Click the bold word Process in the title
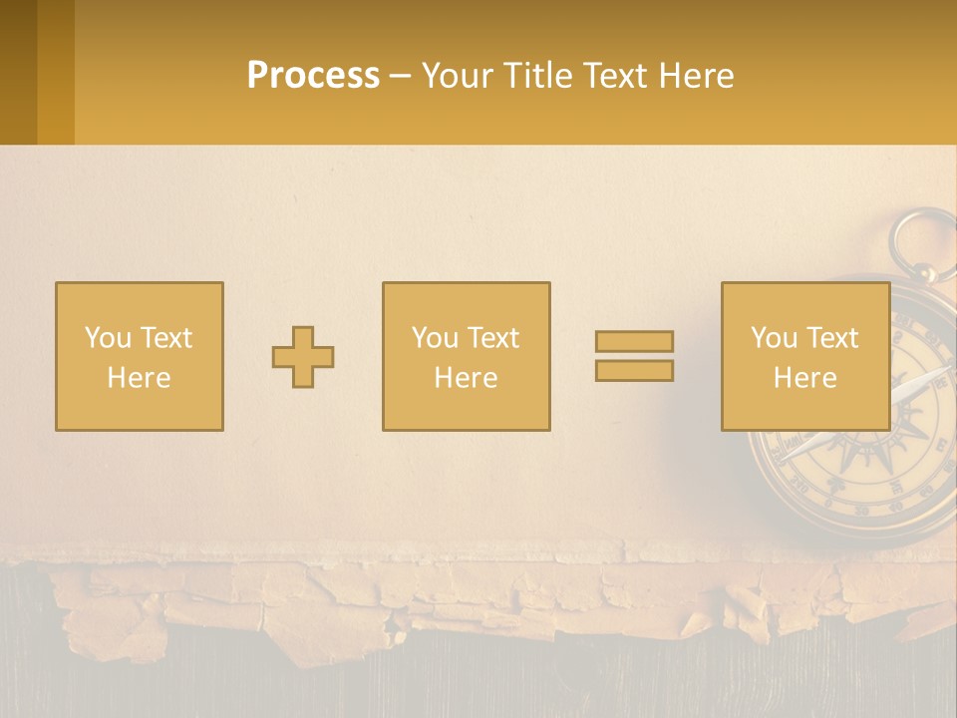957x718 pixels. [x=313, y=76]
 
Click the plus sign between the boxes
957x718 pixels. [x=303, y=357]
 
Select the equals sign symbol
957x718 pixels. [x=634, y=356]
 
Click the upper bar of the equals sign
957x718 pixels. [x=634, y=342]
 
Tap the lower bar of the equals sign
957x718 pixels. [x=634, y=371]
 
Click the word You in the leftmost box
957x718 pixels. [x=108, y=338]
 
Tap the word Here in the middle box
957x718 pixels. [x=466, y=378]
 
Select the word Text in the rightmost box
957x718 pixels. [x=832, y=338]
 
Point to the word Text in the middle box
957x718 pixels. [x=493, y=338]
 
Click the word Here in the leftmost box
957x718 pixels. [x=139, y=378]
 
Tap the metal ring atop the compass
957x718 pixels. [x=923, y=240]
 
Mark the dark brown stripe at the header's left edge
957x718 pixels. [x=18, y=72]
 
